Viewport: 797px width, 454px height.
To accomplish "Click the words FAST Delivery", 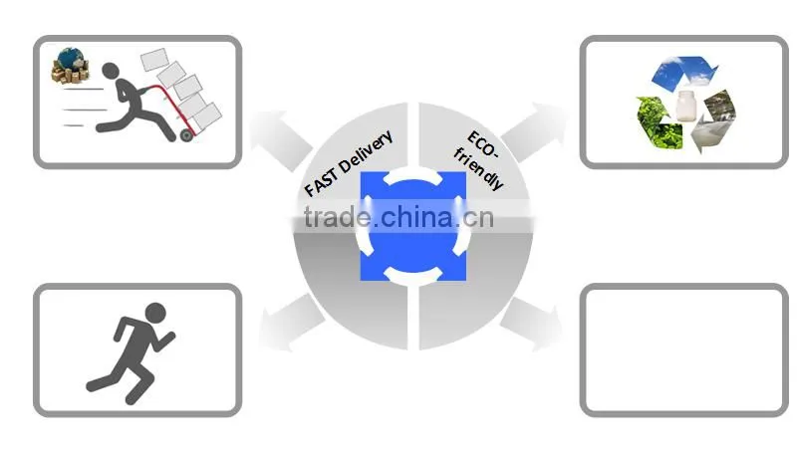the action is (349, 163).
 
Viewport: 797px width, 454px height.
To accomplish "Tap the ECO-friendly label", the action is (479, 160).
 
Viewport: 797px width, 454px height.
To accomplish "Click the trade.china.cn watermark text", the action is (398, 217).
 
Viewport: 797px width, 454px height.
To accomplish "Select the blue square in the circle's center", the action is (413, 226).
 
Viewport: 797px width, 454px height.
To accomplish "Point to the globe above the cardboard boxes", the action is (71, 58).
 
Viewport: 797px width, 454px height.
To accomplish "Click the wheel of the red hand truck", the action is (186, 134).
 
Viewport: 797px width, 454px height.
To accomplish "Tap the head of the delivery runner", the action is (111, 71).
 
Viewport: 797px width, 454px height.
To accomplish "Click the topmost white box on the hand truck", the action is (154, 60).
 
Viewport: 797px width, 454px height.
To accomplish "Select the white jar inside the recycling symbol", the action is (685, 106).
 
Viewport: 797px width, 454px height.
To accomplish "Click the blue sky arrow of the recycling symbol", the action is (683, 71).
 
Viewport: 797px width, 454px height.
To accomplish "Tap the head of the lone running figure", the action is (155, 313).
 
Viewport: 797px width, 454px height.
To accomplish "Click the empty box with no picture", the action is (683, 349).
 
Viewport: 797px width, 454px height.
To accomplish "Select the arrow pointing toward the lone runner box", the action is (290, 323).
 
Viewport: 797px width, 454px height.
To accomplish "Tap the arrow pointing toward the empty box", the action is (532, 324).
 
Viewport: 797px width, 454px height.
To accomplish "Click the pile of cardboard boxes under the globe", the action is (70, 74).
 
